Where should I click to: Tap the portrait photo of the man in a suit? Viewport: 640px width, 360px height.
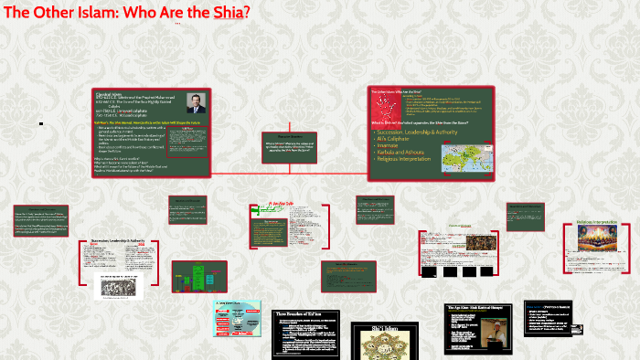coord(194,102)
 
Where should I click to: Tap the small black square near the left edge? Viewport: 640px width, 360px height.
coord(41,123)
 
